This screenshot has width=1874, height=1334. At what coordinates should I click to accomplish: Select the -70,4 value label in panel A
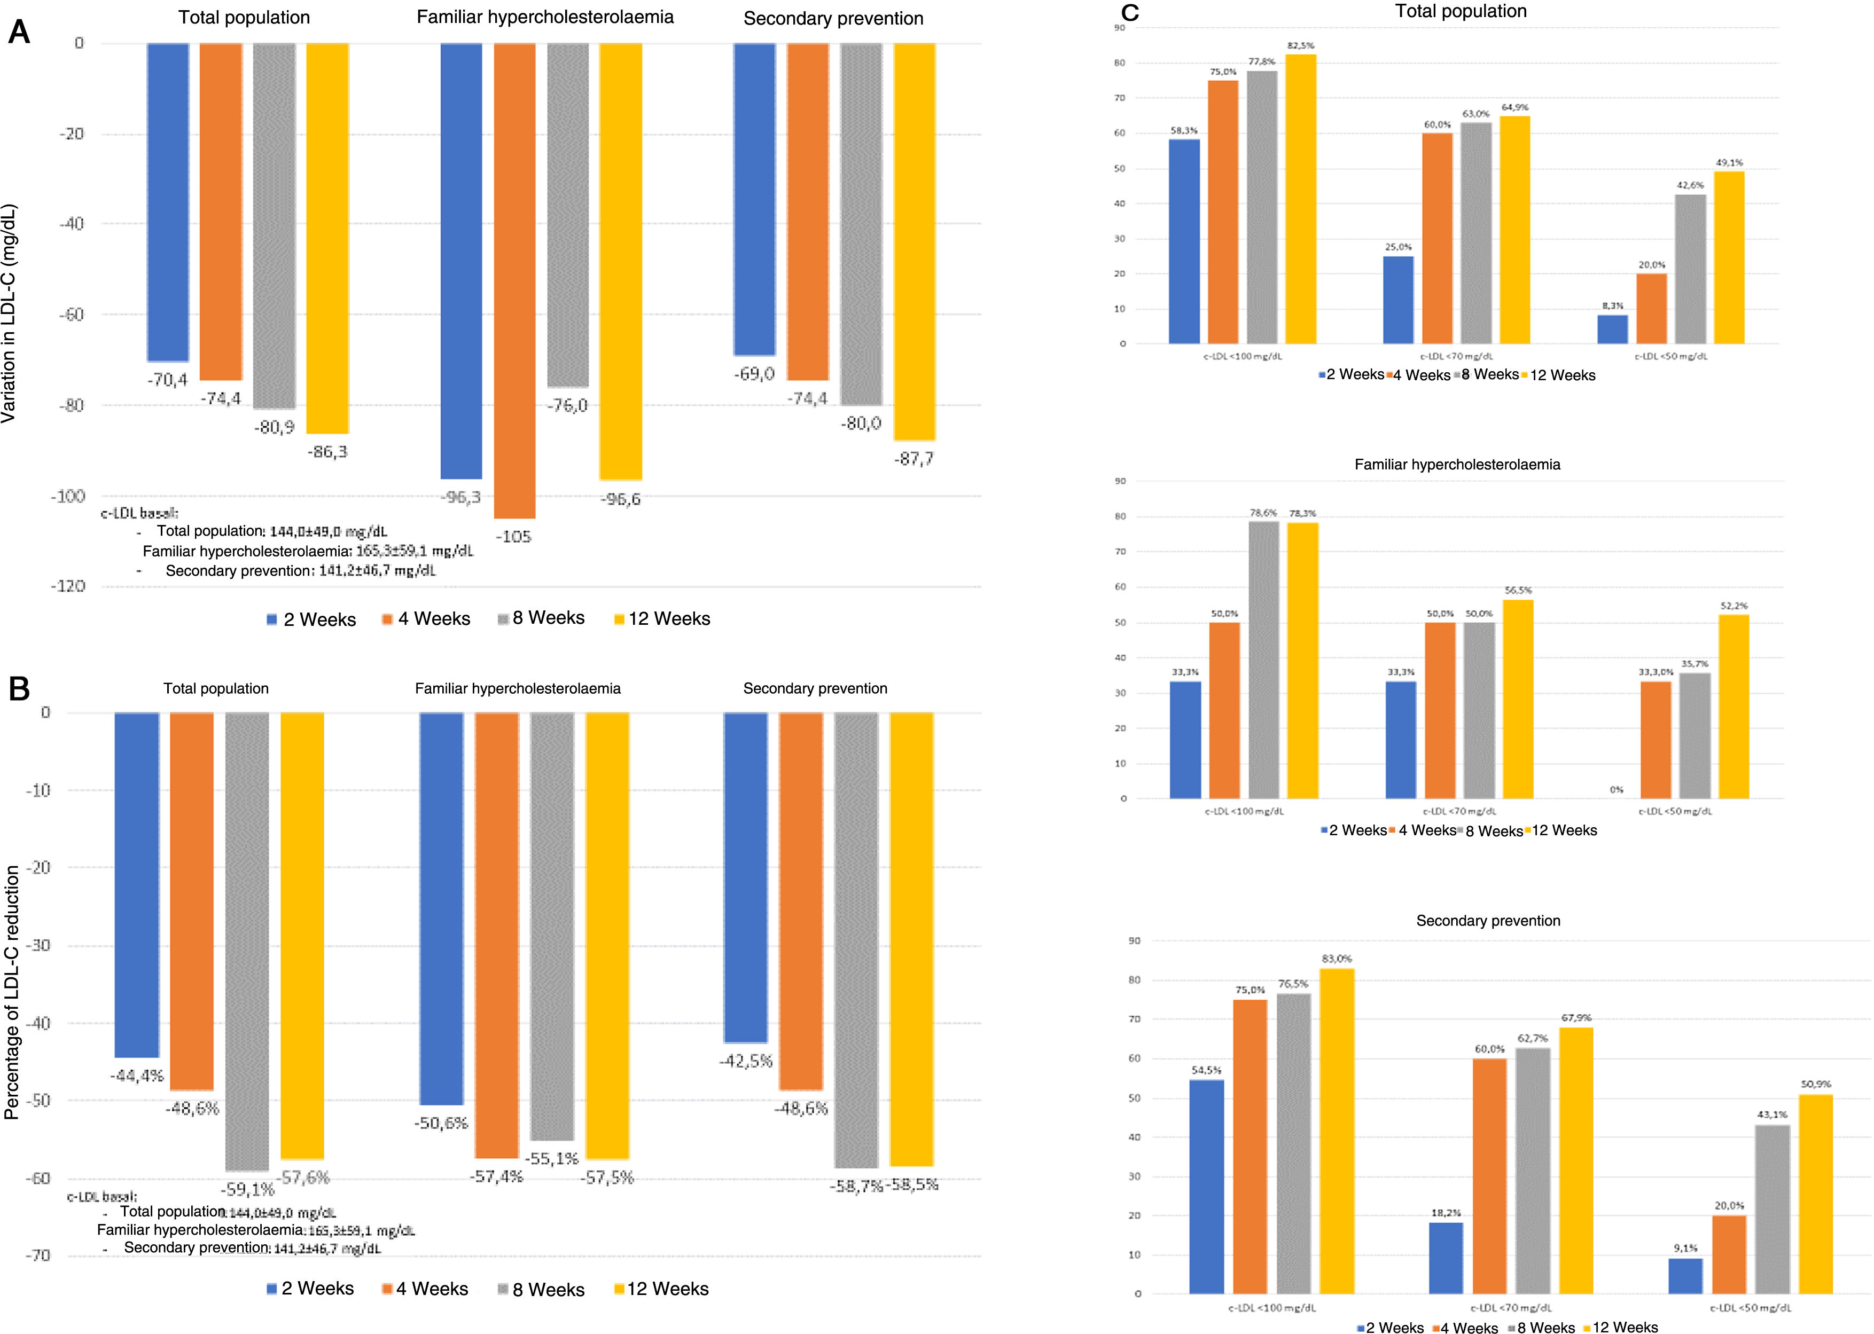tap(168, 380)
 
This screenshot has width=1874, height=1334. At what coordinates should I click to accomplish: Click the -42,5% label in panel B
tap(746, 1061)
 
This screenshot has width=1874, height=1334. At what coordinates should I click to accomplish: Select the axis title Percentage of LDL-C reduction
tap(12, 992)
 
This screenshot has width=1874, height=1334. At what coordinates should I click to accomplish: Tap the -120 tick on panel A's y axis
tap(68, 586)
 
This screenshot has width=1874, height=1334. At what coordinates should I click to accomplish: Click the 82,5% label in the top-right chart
tap(1301, 46)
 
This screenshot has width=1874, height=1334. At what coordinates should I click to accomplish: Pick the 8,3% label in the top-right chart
tap(1612, 305)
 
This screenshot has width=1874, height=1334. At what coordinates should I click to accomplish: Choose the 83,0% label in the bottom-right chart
tap(1337, 959)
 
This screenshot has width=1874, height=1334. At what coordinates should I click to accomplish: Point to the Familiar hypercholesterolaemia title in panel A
tap(545, 17)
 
